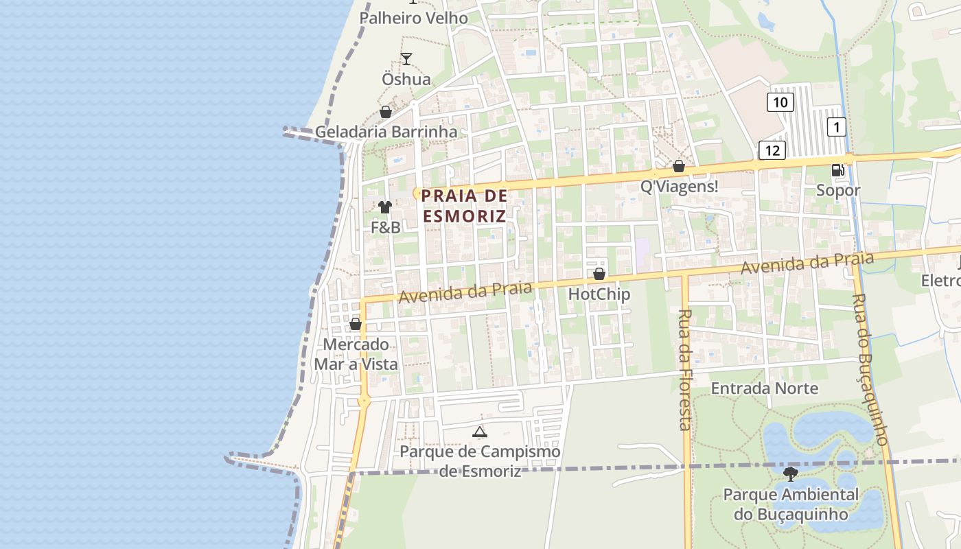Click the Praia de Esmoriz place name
(464, 206)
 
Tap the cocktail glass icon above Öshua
(406, 59)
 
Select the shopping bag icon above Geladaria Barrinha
(386, 112)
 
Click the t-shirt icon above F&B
(384, 207)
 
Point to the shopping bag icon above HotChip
(599, 274)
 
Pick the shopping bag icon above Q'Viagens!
(678, 166)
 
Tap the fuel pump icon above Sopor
(837, 170)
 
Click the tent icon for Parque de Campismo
(480, 432)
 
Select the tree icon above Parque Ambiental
(791, 474)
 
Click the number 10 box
(780, 103)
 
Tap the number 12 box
(772, 150)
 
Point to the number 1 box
(836, 127)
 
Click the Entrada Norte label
(764, 388)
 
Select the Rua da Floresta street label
(684, 369)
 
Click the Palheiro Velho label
(414, 19)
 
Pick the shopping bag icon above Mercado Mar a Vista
(356, 324)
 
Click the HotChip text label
(599, 294)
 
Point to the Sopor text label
(837, 191)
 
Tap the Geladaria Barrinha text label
(386, 132)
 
